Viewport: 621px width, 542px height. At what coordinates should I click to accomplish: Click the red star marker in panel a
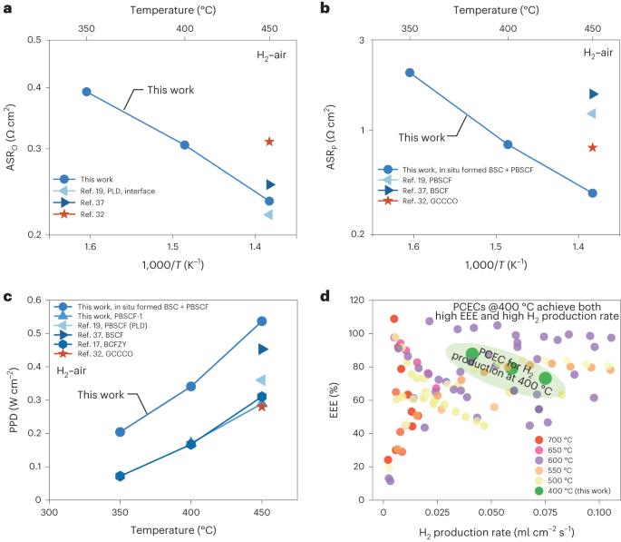coord(269,141)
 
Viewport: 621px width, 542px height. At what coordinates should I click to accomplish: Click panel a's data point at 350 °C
coord(86,92)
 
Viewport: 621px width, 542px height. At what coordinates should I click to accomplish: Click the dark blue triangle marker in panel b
coord(593,94)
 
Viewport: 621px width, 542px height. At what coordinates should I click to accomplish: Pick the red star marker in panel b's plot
coord(593,147)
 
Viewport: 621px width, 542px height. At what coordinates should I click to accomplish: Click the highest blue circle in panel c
coord(262,320)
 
